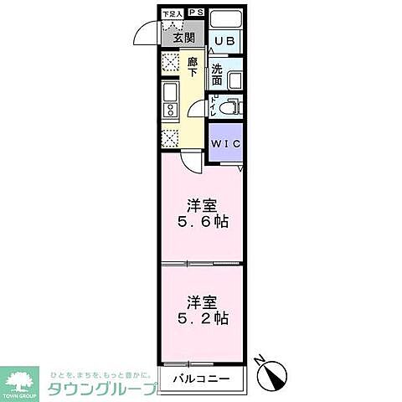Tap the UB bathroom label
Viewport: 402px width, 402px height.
[224, 40]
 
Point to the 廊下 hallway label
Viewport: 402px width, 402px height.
[193, 66]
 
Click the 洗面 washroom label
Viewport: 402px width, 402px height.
[218, 75]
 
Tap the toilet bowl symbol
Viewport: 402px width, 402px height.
[233, 106]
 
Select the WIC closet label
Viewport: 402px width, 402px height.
[224, 144]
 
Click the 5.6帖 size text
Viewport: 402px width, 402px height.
[202, 223]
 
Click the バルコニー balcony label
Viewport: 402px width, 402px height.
[201, 379]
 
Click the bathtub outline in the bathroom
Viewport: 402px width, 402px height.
[225, 19]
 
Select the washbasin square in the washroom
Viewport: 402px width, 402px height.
[234, 80]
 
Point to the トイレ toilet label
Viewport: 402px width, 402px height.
[214, 106]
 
